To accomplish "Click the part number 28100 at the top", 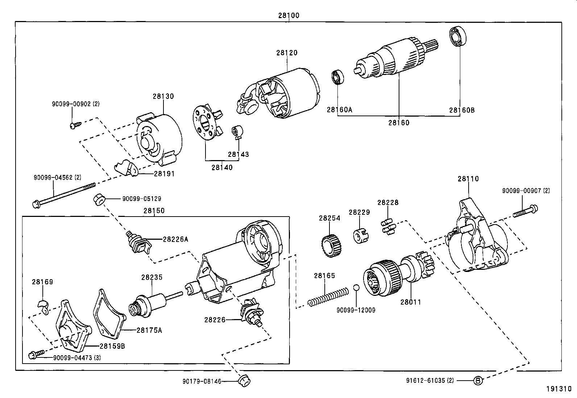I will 288,16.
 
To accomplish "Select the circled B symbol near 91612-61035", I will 478,381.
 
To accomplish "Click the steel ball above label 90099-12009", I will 356,288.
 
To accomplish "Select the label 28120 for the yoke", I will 287,53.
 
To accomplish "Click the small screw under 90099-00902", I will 75,125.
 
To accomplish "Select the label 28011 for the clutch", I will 411,302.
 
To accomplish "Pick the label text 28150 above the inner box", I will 154,211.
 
